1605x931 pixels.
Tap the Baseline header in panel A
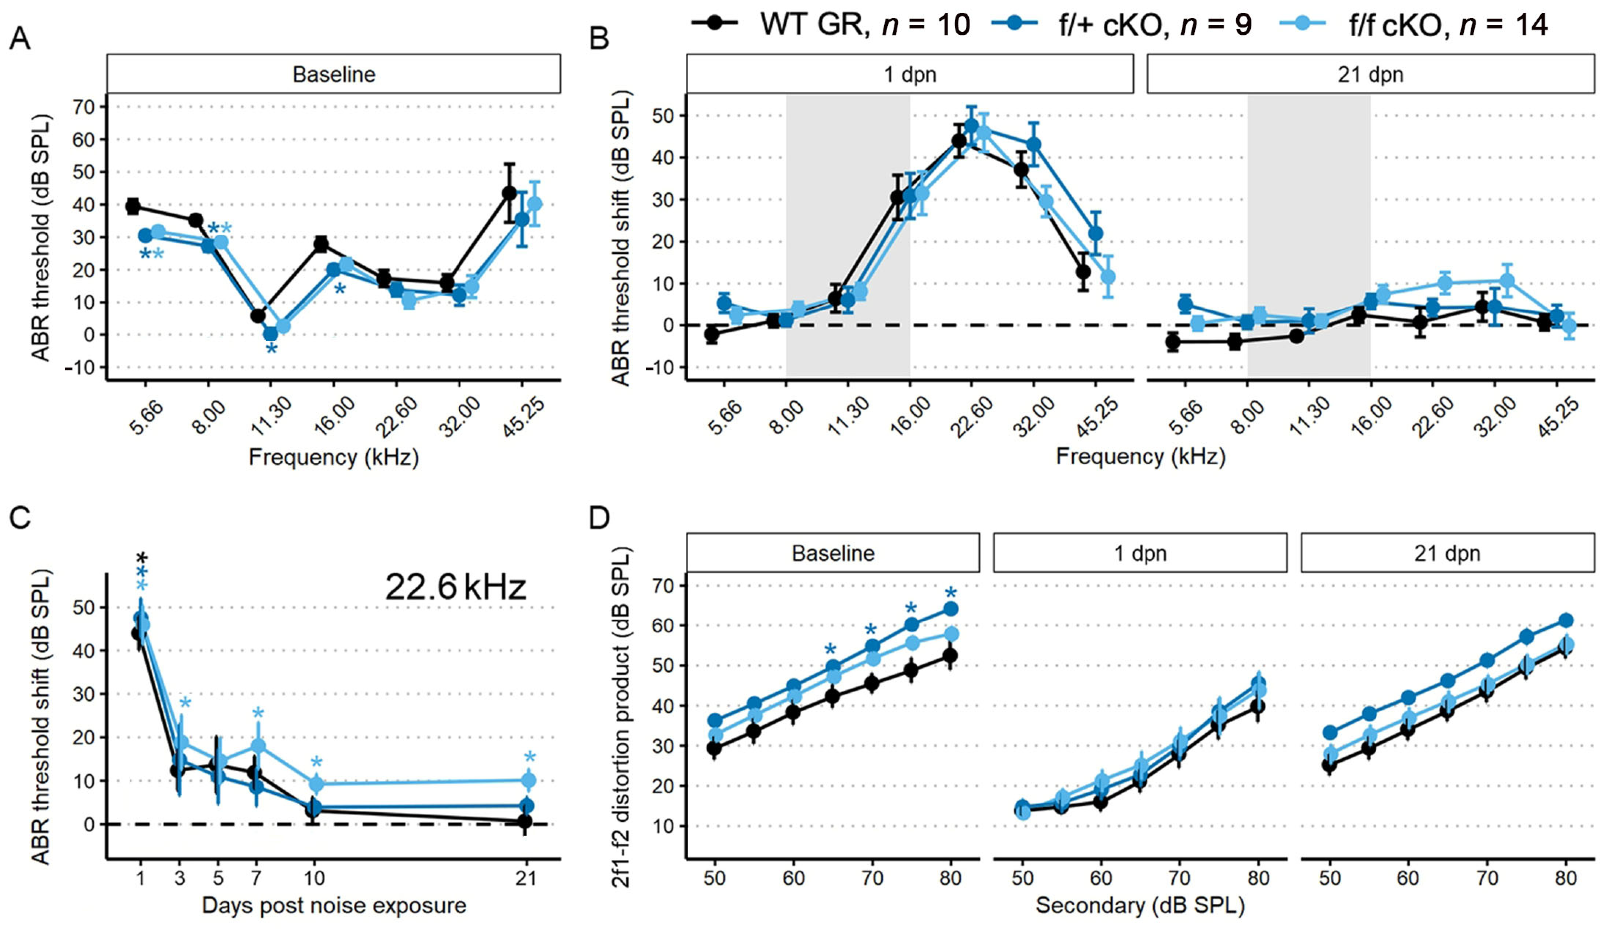(x=334, y=74)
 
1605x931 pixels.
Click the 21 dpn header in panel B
(x=1370, y=74)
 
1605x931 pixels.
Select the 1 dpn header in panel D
(x=1140, y=553)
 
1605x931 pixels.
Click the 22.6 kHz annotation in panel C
(x=456, y=587)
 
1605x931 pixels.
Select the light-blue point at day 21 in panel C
(x=529, y=780)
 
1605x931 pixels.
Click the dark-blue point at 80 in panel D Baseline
(x=951, y=609)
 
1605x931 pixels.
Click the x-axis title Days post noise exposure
(x=334, y=906)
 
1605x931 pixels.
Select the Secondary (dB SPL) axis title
(x=1140, y=906)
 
